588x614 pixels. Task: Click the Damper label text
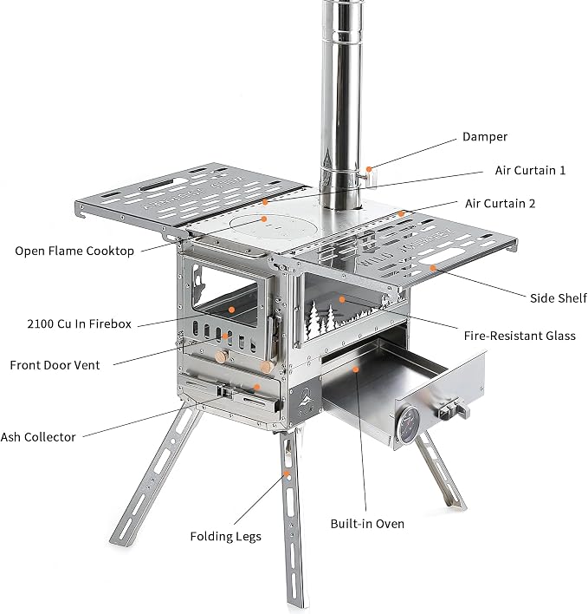coord(485,137)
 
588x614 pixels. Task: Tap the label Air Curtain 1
coord(530,170)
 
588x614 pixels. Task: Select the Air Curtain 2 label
coord(500,204)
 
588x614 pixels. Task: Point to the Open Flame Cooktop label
coord(74,251)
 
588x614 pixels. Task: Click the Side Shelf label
coord(559,298)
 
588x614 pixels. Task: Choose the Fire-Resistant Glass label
coord(520,336)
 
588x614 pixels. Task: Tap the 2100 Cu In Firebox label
coord(80,323)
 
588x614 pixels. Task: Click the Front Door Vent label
coord(55,365)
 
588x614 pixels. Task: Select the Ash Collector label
coord(38,437)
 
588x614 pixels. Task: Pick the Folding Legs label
coord(225,537)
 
